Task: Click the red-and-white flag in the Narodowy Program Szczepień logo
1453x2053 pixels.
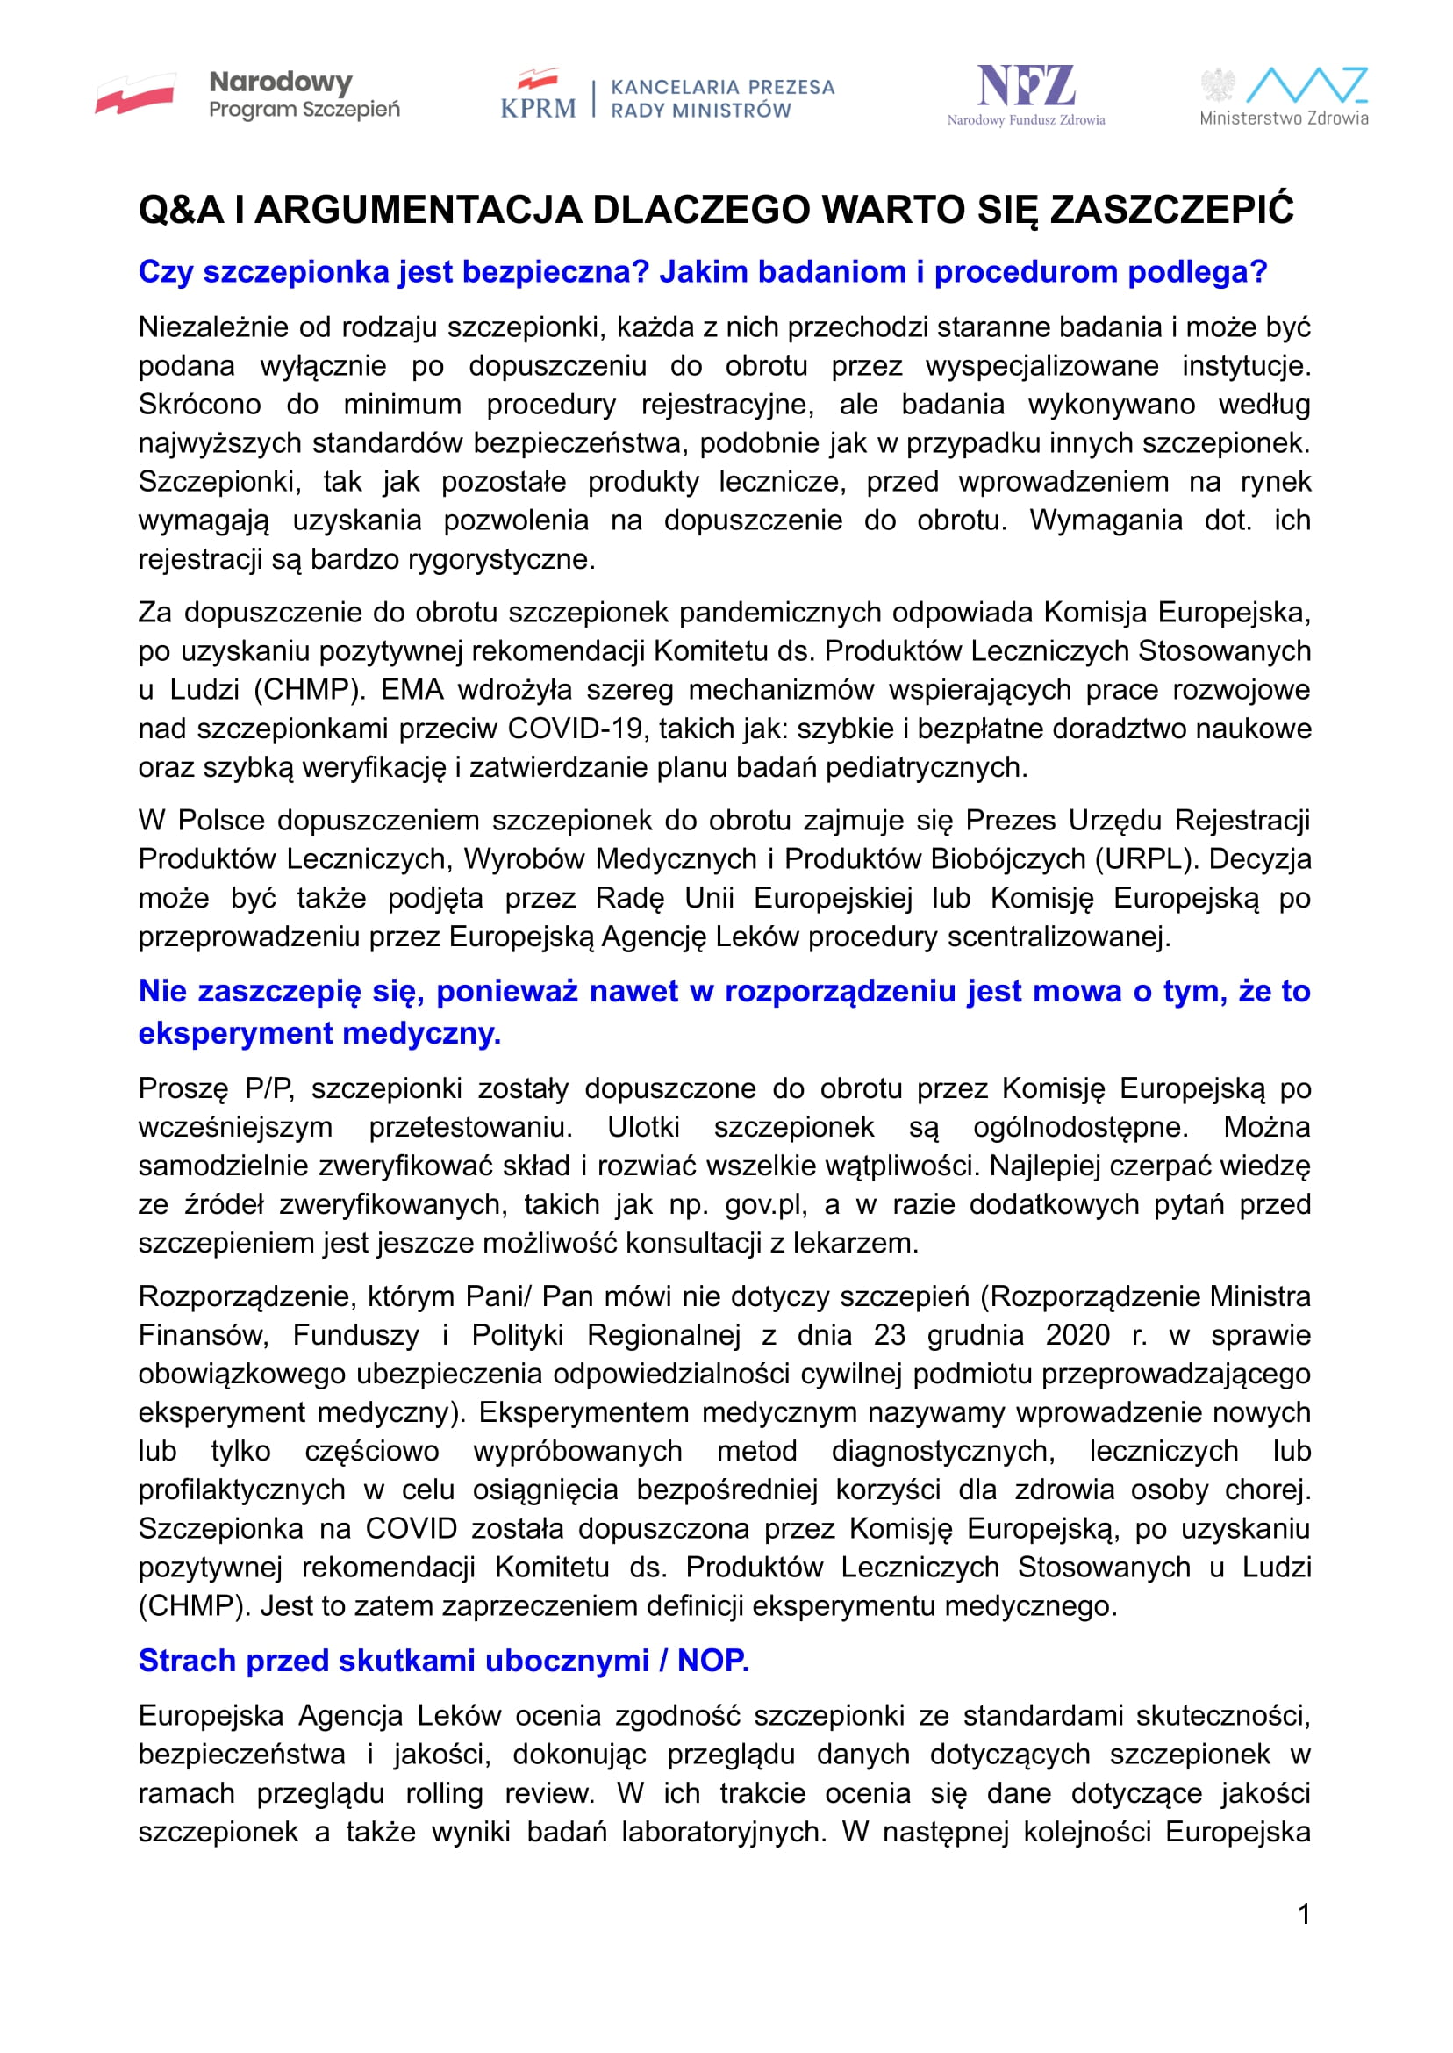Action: tap(135, 94)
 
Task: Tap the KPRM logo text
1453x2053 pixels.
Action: tap(538, 107)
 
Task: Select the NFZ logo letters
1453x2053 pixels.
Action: tap(1026, 87)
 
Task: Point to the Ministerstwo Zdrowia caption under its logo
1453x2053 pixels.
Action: tap(1283, 118)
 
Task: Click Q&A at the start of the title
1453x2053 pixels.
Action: tap(181, 211)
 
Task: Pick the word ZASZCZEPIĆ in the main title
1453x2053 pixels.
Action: tap(1172, 211)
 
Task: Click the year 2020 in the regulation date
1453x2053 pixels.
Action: tap(1077, 1334)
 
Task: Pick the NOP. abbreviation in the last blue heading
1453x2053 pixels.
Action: tap(713, 1660)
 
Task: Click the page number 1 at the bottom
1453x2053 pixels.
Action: tap(1304, 1914)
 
